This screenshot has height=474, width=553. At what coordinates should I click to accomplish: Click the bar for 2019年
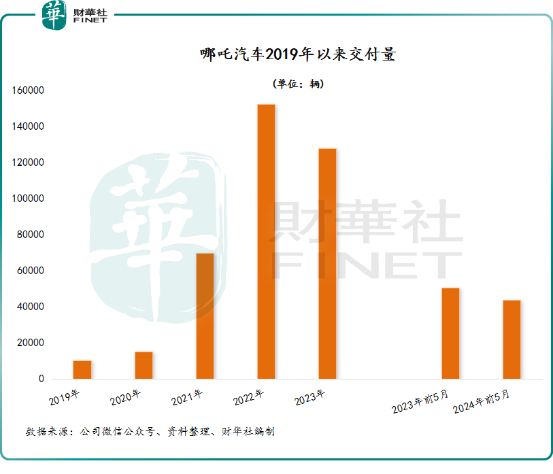(82, 370)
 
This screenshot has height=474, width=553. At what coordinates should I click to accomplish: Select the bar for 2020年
(144, 365)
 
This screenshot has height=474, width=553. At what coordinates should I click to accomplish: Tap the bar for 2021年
(205, 316)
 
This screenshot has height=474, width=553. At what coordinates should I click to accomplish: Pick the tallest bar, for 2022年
(266, 241)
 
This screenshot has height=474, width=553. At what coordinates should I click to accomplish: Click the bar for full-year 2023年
(327, 264)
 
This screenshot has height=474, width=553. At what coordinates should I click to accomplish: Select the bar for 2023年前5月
(450, 333)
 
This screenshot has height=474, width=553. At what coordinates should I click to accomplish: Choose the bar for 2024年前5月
(512, 339)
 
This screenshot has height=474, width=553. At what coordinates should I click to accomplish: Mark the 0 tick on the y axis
(41, 379)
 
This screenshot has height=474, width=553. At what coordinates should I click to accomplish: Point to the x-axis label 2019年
(65, 396)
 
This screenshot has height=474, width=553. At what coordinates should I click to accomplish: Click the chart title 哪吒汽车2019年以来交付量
(298, 55)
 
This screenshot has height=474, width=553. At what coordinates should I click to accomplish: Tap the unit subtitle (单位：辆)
(298, 84)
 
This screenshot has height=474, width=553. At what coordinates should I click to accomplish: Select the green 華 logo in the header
(54, 15)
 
